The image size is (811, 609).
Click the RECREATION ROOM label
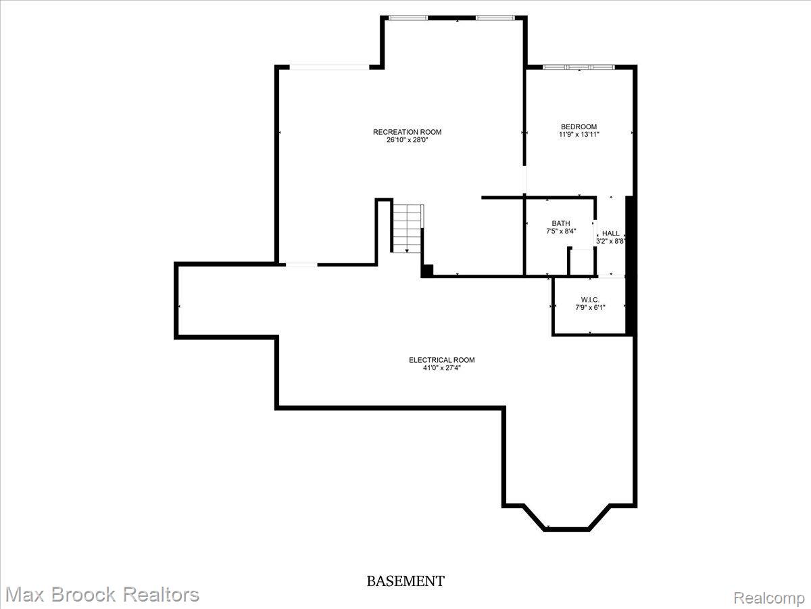pyautogui.click(x=407, y=132)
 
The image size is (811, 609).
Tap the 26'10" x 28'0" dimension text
pyautogui.click(x=407, y=140)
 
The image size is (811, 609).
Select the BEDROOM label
pyautogui.click(x=579, y=127)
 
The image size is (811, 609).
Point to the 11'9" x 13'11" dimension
pyautogui.click(x=579, y=135)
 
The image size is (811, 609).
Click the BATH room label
pyautogui.click(x=560, y=223)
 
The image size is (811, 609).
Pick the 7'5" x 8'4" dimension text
pyautogui.click(x=561, y=231)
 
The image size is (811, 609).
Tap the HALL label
pyautogui.click(x=611, y=233)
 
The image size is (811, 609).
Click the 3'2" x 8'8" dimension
pyautogui.click(x=611, y=241)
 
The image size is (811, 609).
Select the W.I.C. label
pyautogui.click(x=590, y=299)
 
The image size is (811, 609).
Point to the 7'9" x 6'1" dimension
pyautogui.click(x=590, y=307)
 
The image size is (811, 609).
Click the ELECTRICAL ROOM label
pyautogui.click(x=441, y=360)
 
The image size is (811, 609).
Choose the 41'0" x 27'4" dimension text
pyautogui.click(x=441, y=368)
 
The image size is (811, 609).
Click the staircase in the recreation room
pyautogui.click(x=408, y=229)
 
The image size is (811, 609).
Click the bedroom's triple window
pyautogui.click(x=579, y=67)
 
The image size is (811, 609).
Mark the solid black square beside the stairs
pyautogui.click(x=427, y=270)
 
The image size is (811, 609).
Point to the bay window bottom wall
pyautogui.click(x=566, y=529)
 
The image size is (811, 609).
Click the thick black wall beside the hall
pyautogui.click(x=629, y=265)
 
